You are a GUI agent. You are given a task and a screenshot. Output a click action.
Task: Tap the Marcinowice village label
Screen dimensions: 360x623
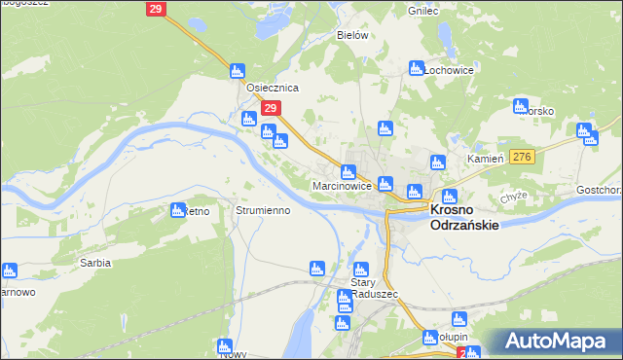click(x=342, y=185)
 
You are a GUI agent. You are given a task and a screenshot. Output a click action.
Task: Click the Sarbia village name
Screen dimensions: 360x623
click(x=95, y=263)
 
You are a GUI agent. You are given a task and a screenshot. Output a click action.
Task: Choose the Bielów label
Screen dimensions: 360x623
click(x=351, y=35)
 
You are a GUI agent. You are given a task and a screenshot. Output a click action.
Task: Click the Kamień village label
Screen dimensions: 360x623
click(x=485, y=158)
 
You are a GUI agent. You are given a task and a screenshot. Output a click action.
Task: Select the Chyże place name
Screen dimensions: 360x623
click(x=514, y=196)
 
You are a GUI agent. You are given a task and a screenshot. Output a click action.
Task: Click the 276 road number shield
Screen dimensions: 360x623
click(x=549, y=158)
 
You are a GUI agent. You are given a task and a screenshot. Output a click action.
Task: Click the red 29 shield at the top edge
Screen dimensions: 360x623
click(x=156, y=9)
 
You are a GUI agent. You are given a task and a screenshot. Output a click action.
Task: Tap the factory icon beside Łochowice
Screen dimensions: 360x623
click(x=416, y=67)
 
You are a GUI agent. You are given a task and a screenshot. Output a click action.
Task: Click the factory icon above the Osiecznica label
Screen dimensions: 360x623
click(x=238, y=70)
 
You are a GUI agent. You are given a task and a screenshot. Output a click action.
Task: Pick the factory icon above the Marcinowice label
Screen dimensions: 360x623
click(x=348, y=171)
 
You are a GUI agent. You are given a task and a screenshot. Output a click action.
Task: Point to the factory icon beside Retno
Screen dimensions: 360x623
click(x=177, y=209)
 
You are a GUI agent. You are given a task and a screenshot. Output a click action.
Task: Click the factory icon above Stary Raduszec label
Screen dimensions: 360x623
click(x=361, y=270)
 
